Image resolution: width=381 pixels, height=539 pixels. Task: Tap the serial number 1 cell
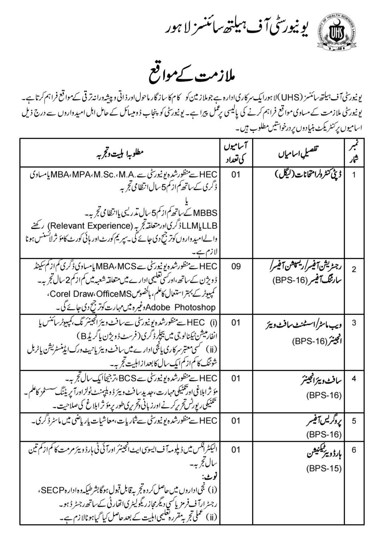pyautogui.click(x=354, y=175)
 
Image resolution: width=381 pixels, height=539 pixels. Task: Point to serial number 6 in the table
pyautogui.click(x=354, y=450)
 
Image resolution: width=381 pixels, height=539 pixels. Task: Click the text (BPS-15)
pyautogui.click(x=324, y=468)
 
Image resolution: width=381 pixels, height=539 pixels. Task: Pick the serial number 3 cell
pyautogui.click(x=354, y=323)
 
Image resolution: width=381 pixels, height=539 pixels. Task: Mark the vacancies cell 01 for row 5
pyautogui.click(x=236, y=421)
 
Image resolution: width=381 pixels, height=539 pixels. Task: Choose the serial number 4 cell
pyautogui.click(x=354, y=379)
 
